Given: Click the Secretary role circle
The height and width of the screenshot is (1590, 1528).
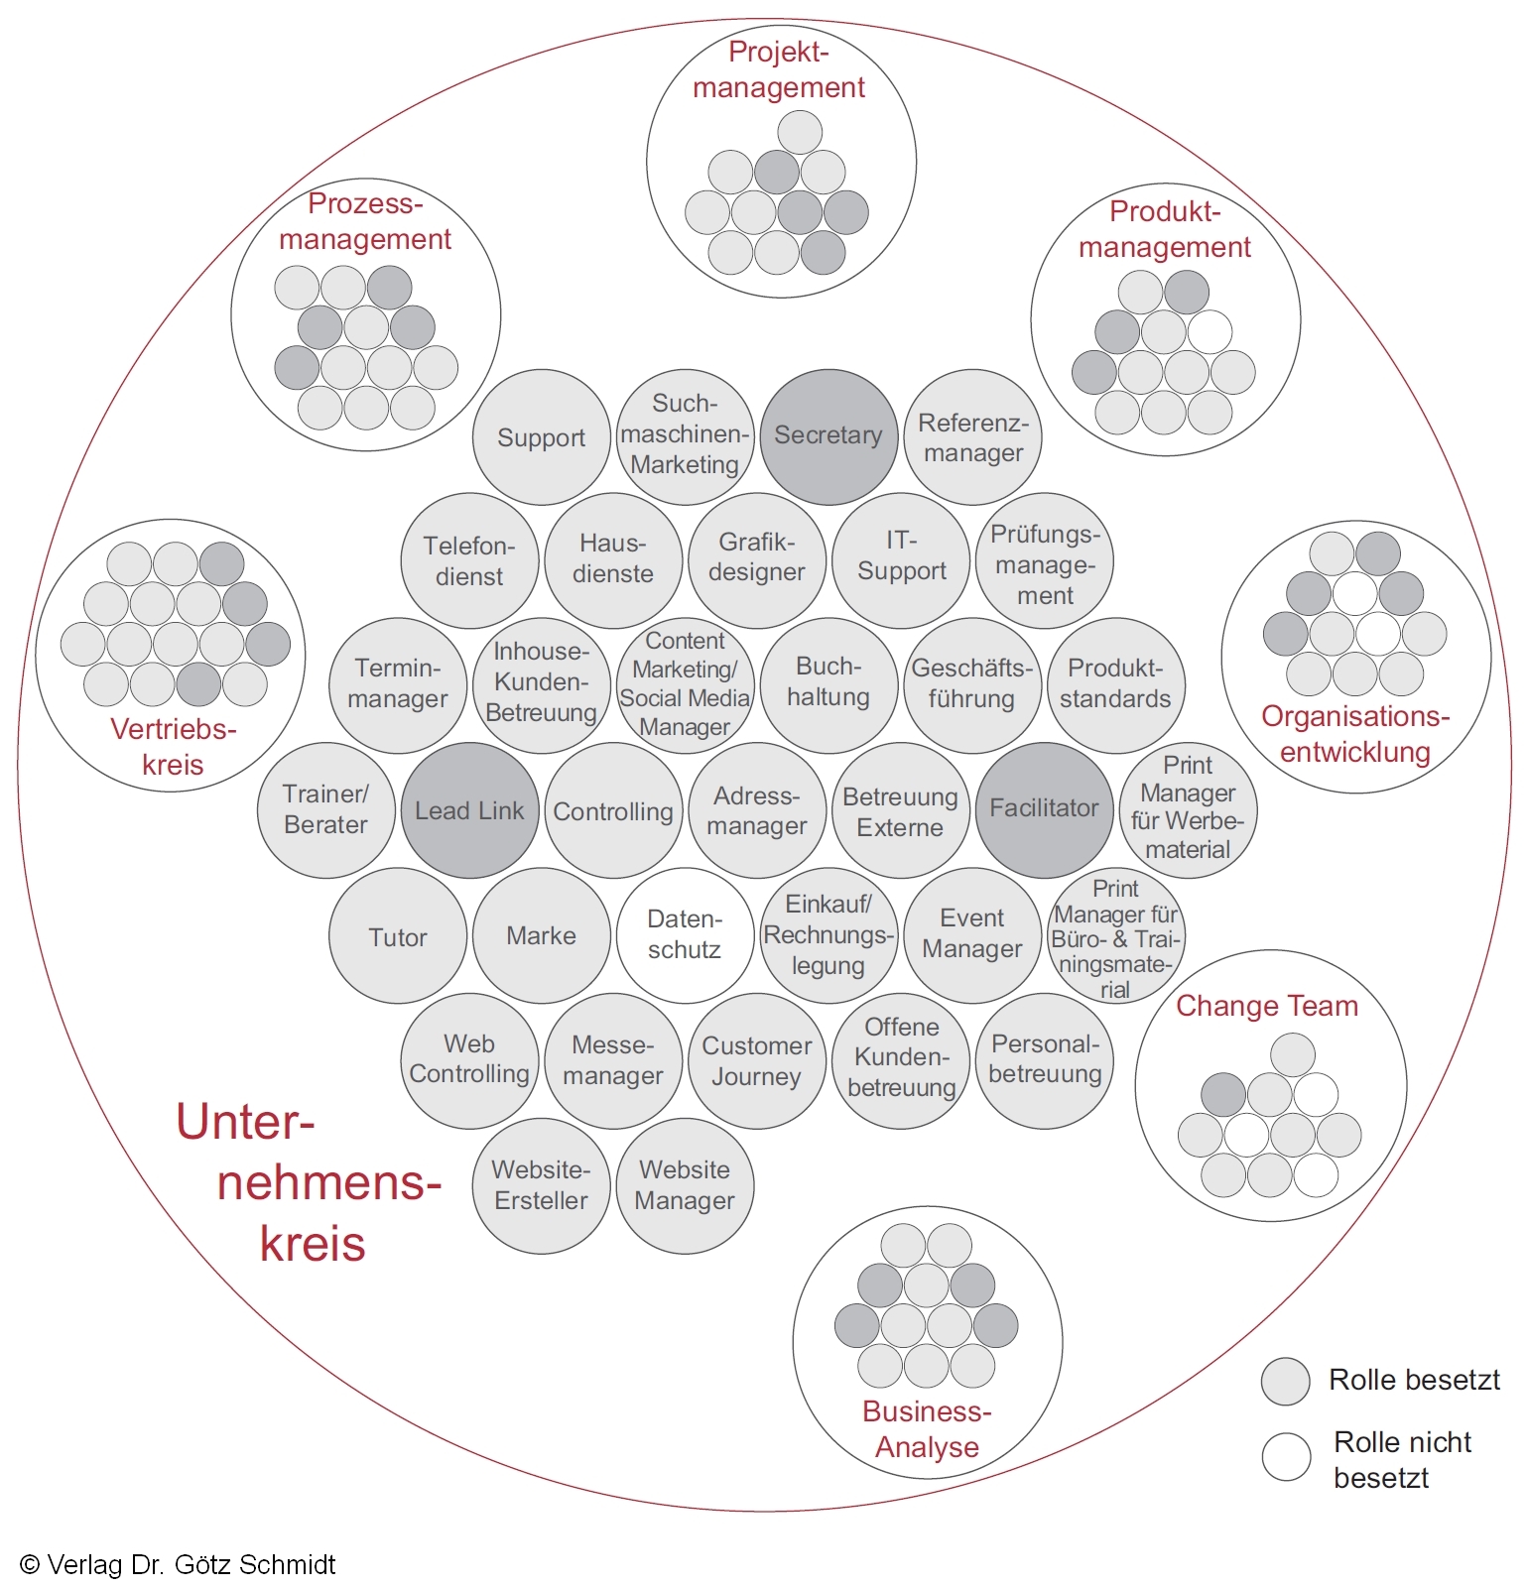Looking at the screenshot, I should (x=828, y=436).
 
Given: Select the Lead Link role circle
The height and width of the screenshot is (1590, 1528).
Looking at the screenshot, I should (x=469, y=810).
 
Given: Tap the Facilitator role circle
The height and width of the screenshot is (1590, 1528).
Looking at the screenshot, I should (x=1044, y=809).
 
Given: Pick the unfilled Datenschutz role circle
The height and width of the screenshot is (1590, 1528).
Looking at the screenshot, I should (x=685, y=934).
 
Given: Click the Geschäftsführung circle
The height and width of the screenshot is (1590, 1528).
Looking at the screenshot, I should (x=971, y=684).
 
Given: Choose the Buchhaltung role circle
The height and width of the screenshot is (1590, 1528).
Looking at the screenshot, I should (x=828, y=683).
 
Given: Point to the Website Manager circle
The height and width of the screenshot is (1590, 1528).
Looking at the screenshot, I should (x=685, y=1185).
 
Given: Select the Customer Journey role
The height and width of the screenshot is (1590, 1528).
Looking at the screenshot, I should (x=756, y=1060).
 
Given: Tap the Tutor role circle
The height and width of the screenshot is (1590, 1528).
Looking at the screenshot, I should (x=398, y=936).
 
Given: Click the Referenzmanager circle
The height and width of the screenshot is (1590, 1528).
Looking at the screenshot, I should (x=972, y=437).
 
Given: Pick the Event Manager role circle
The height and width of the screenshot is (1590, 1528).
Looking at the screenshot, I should (x=971, y=934).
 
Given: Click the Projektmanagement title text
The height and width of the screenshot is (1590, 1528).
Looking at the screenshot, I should (x=779, y=69).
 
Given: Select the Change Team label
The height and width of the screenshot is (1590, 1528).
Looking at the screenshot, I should (x=1267, y=1006).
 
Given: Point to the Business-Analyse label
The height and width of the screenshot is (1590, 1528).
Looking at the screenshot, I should (x=927, y=1428).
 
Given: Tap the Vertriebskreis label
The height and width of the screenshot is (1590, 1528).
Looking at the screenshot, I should (x=174, y=746).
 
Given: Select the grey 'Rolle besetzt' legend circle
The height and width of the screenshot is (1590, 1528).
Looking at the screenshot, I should (x=1286, y=1381).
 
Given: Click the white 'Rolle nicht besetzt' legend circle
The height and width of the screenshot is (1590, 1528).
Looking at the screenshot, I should (x=1286, y=1456).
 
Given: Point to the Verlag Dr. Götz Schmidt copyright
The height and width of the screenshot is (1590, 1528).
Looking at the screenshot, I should (x=179, y=1564).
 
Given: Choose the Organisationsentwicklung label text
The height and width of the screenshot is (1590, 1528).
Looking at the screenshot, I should (x=1355, y=734).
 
